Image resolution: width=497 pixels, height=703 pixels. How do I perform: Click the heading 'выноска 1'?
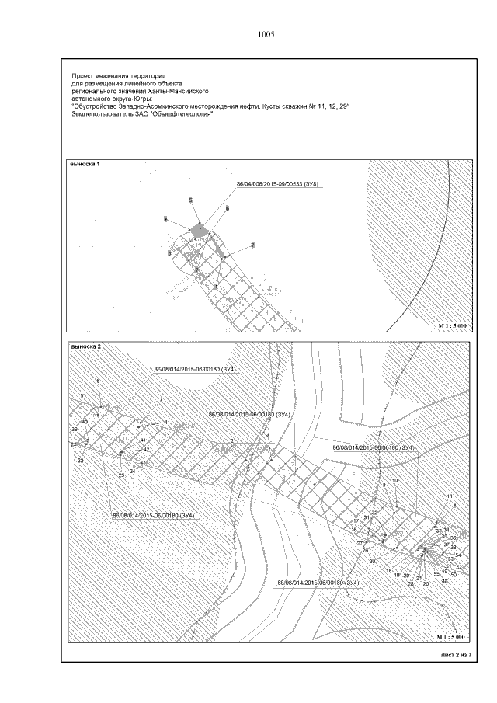tap(85, 165)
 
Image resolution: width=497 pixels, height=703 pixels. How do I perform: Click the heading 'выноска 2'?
tap(85, 346)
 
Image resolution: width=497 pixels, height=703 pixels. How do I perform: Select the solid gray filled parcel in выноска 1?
tap(200, 229)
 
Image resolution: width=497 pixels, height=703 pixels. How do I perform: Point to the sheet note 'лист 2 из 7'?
tap(456, 655)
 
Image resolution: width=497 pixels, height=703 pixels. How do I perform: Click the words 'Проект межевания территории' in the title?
tap(108, 75)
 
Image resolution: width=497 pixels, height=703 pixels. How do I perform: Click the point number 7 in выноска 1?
tap(253, 244)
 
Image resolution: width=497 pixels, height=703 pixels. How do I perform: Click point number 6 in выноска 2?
tap(98, 381)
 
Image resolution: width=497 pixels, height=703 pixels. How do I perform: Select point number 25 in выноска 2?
tap(120, 475)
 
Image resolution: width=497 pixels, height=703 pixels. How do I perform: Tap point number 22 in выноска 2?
tap(80, 460)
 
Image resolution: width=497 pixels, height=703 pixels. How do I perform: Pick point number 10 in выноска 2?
tap(394, 481)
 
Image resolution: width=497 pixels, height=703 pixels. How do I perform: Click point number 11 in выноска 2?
tap(449, 496)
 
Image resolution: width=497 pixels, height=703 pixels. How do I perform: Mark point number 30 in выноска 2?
tap(372, 560)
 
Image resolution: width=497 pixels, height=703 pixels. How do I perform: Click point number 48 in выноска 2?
tap(445, 580)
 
